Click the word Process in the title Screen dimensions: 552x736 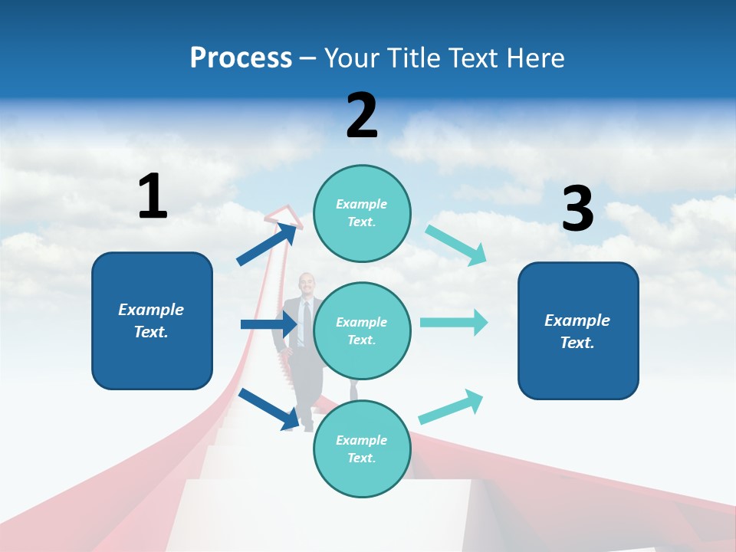point(241,58)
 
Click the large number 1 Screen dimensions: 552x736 point(153,196)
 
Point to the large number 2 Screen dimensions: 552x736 point(362,116)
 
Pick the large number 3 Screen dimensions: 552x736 point(577,209)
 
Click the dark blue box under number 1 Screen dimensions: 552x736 point(152,320)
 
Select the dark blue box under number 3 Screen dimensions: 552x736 point(578,330)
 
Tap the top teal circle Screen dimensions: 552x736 point(362,213)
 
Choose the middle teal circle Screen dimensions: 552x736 point(362,330)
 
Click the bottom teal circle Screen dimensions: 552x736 point(362,449)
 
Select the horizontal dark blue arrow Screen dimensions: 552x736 point(269,324)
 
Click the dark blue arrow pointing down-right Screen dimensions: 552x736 point(269,408)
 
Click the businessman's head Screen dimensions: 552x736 point(306,283)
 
